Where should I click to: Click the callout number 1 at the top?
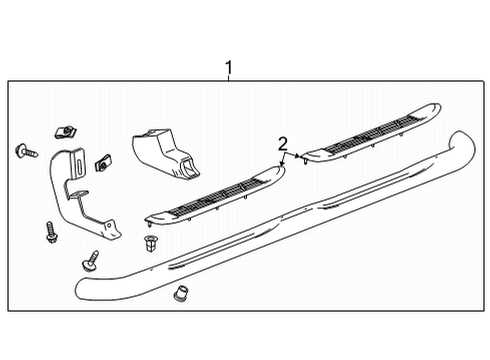click(x=229, y=68)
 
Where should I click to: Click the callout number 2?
click(x=283, y=142)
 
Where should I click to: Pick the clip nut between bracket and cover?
click(x=101, y=160)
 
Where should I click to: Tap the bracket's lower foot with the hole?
click(x=111, y=233)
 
